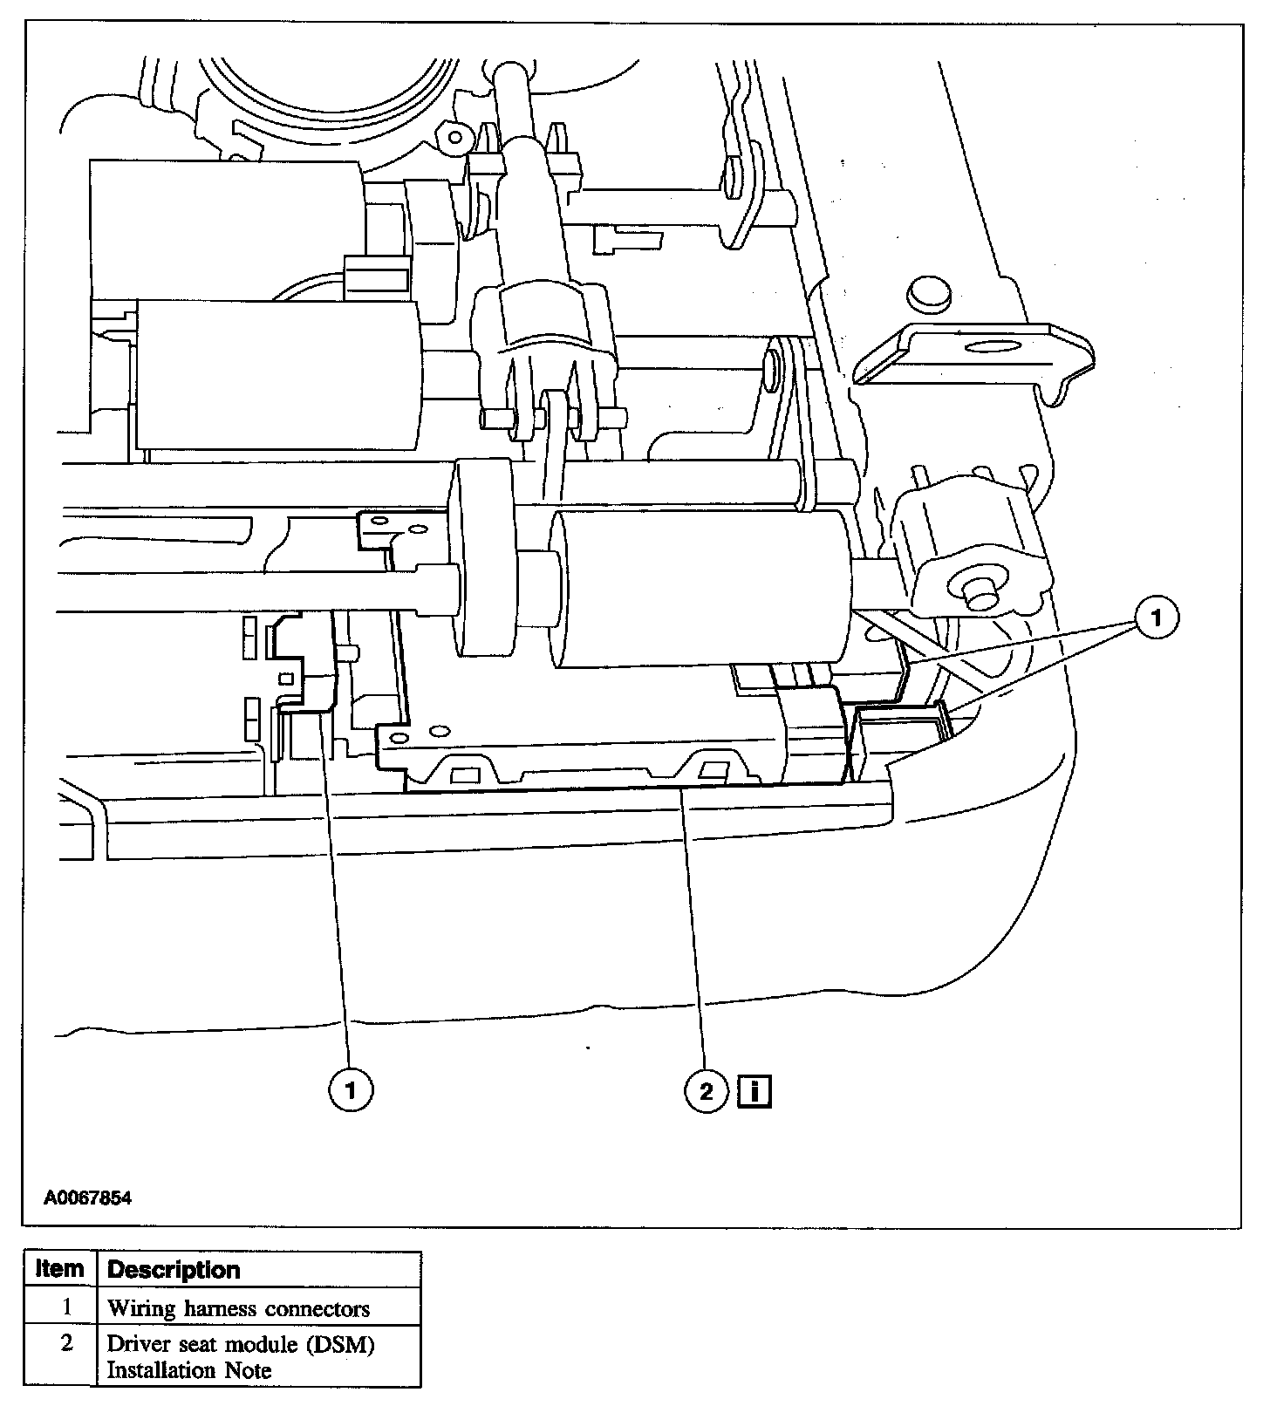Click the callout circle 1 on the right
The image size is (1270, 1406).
click(x=1157, y=618)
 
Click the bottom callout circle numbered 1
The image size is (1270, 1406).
click(x=352, y=1089)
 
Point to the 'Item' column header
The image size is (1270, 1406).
click(x=60, y=1270)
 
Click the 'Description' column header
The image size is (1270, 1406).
click(x=173, y=1270)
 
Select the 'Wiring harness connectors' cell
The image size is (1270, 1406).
click(x=238, y=1308)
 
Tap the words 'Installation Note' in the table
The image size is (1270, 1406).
click(x=188, y=1370)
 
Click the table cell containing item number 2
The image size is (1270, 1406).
click(x=66, y=1344)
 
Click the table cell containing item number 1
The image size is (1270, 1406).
click(x=66, y=1307)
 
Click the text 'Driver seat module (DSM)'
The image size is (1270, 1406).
click(x=241, y=1344)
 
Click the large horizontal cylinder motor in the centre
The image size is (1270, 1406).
click(x=702, y=589)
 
